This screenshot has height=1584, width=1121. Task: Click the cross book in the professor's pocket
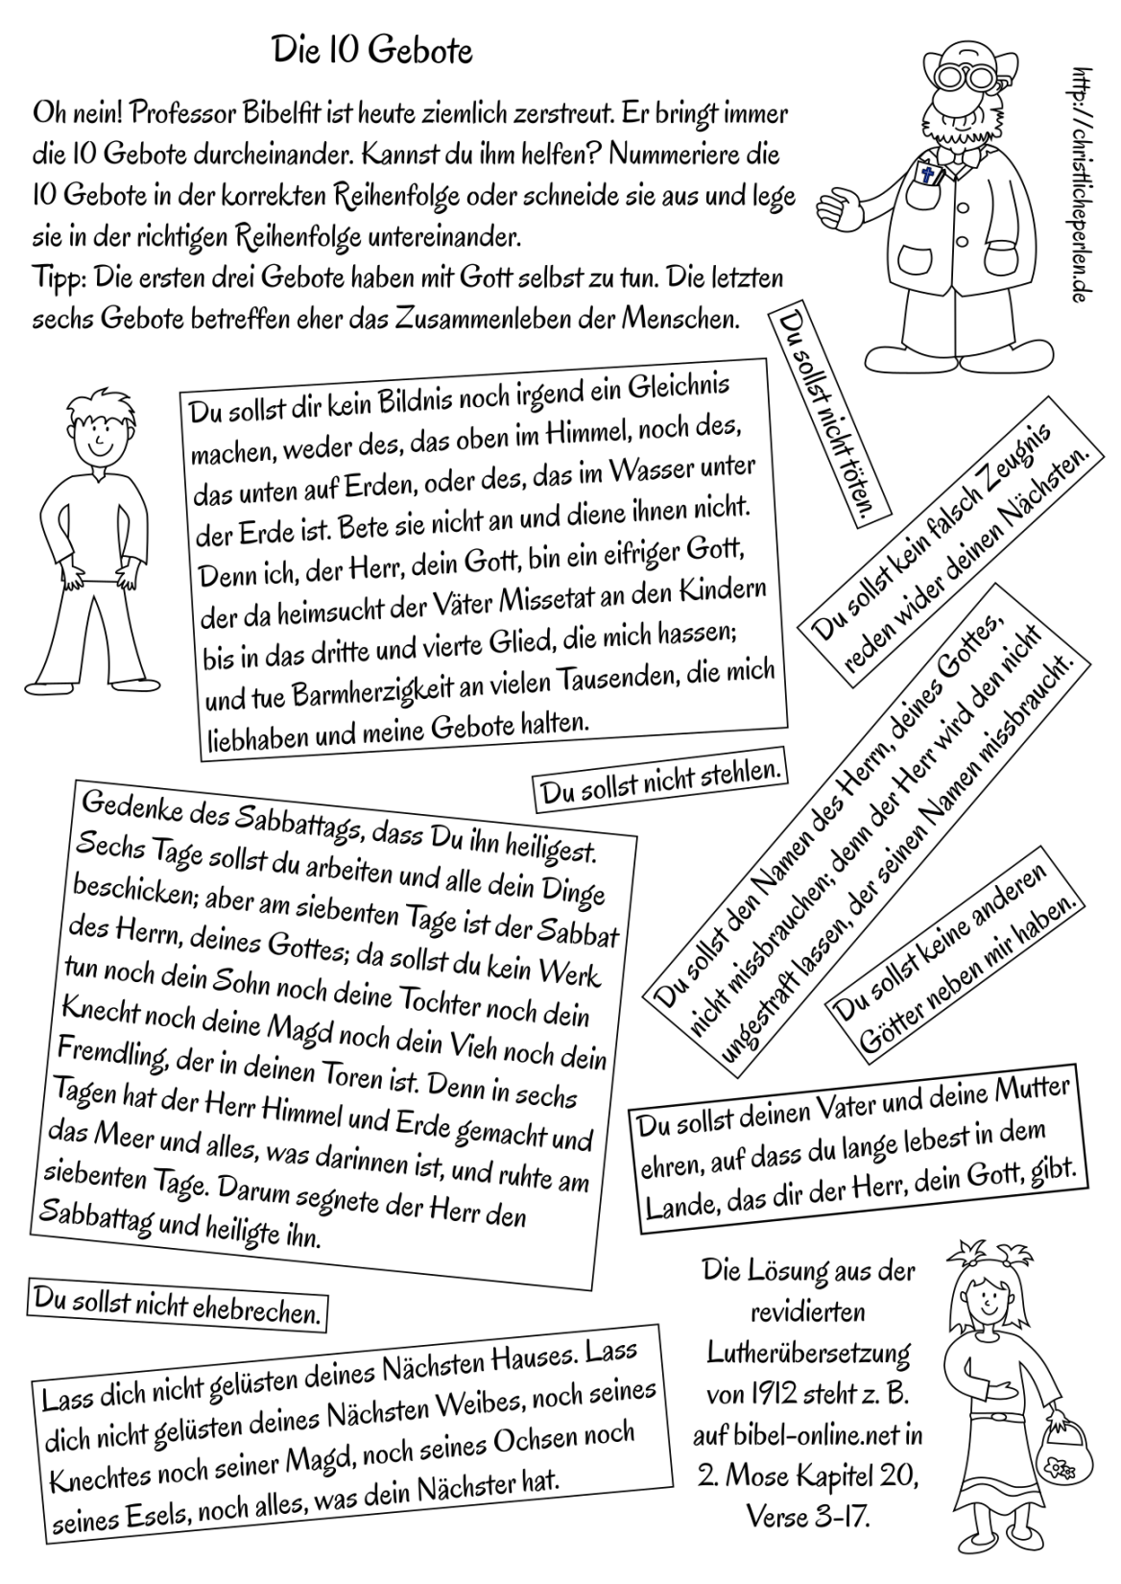point(927,176)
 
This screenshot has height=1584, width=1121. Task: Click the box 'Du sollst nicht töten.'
point(831,414)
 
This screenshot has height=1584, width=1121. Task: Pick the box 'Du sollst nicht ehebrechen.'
point(178,1307)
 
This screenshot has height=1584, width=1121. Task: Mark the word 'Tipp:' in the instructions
point(58,277)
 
